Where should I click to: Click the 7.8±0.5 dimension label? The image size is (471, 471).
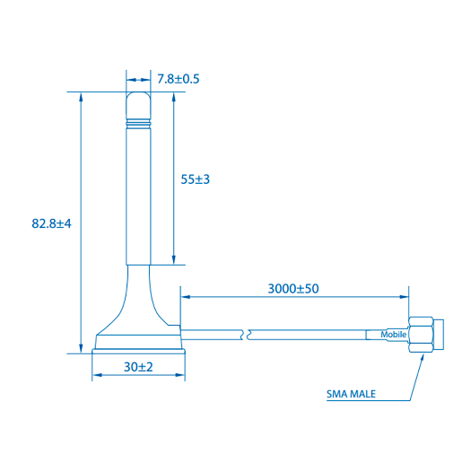[x=178, y=79]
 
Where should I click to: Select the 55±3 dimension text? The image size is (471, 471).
[x=195, y=179]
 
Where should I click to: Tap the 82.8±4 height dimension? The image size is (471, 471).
[x=50, y=222]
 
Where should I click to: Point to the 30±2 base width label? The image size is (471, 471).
[x=138, y=367]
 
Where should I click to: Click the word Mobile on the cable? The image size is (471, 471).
[x=394, y=335]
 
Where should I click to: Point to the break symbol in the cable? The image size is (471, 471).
[x=248, y=335]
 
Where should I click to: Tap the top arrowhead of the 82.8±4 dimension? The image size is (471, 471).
[x=81, y=95]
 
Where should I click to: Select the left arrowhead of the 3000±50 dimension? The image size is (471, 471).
[x=186, y=297]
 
